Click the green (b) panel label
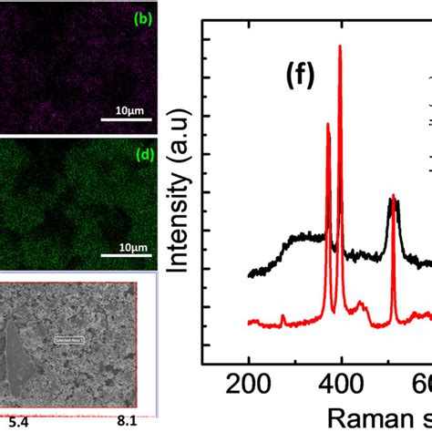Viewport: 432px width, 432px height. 142,17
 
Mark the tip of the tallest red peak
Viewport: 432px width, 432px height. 341,46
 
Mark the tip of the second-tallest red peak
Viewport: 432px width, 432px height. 328,120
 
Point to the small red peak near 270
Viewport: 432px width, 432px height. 283,315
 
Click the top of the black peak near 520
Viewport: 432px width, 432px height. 393,199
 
